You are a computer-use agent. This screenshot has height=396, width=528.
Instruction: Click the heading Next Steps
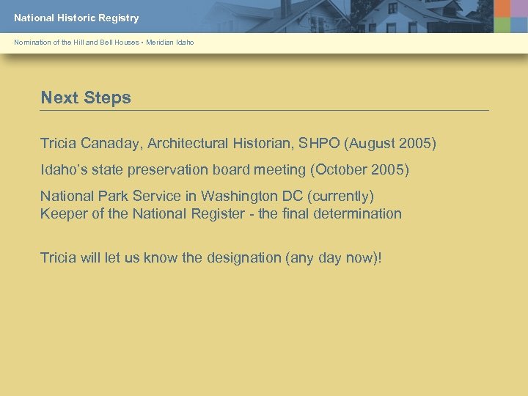pos(86,98)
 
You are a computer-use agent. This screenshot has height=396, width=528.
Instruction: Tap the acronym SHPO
pos(318,143)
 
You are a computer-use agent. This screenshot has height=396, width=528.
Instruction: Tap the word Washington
pos(239,196)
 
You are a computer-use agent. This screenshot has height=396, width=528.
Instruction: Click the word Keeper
pos(62,213)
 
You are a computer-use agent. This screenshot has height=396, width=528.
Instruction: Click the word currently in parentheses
pos(342,196)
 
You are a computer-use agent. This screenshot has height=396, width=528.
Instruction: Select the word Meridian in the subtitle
pos(159,43)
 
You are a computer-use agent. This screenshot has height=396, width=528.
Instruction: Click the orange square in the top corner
pos(502,8)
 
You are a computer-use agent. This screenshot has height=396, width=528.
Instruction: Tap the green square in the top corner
pos(502,24)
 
